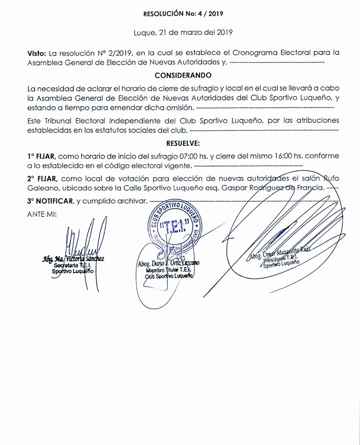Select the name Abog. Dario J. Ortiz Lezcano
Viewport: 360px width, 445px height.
tap(169, 263)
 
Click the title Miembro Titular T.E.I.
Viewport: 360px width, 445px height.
tap(168, 270)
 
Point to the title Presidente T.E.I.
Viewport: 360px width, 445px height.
tap(283, 260)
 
